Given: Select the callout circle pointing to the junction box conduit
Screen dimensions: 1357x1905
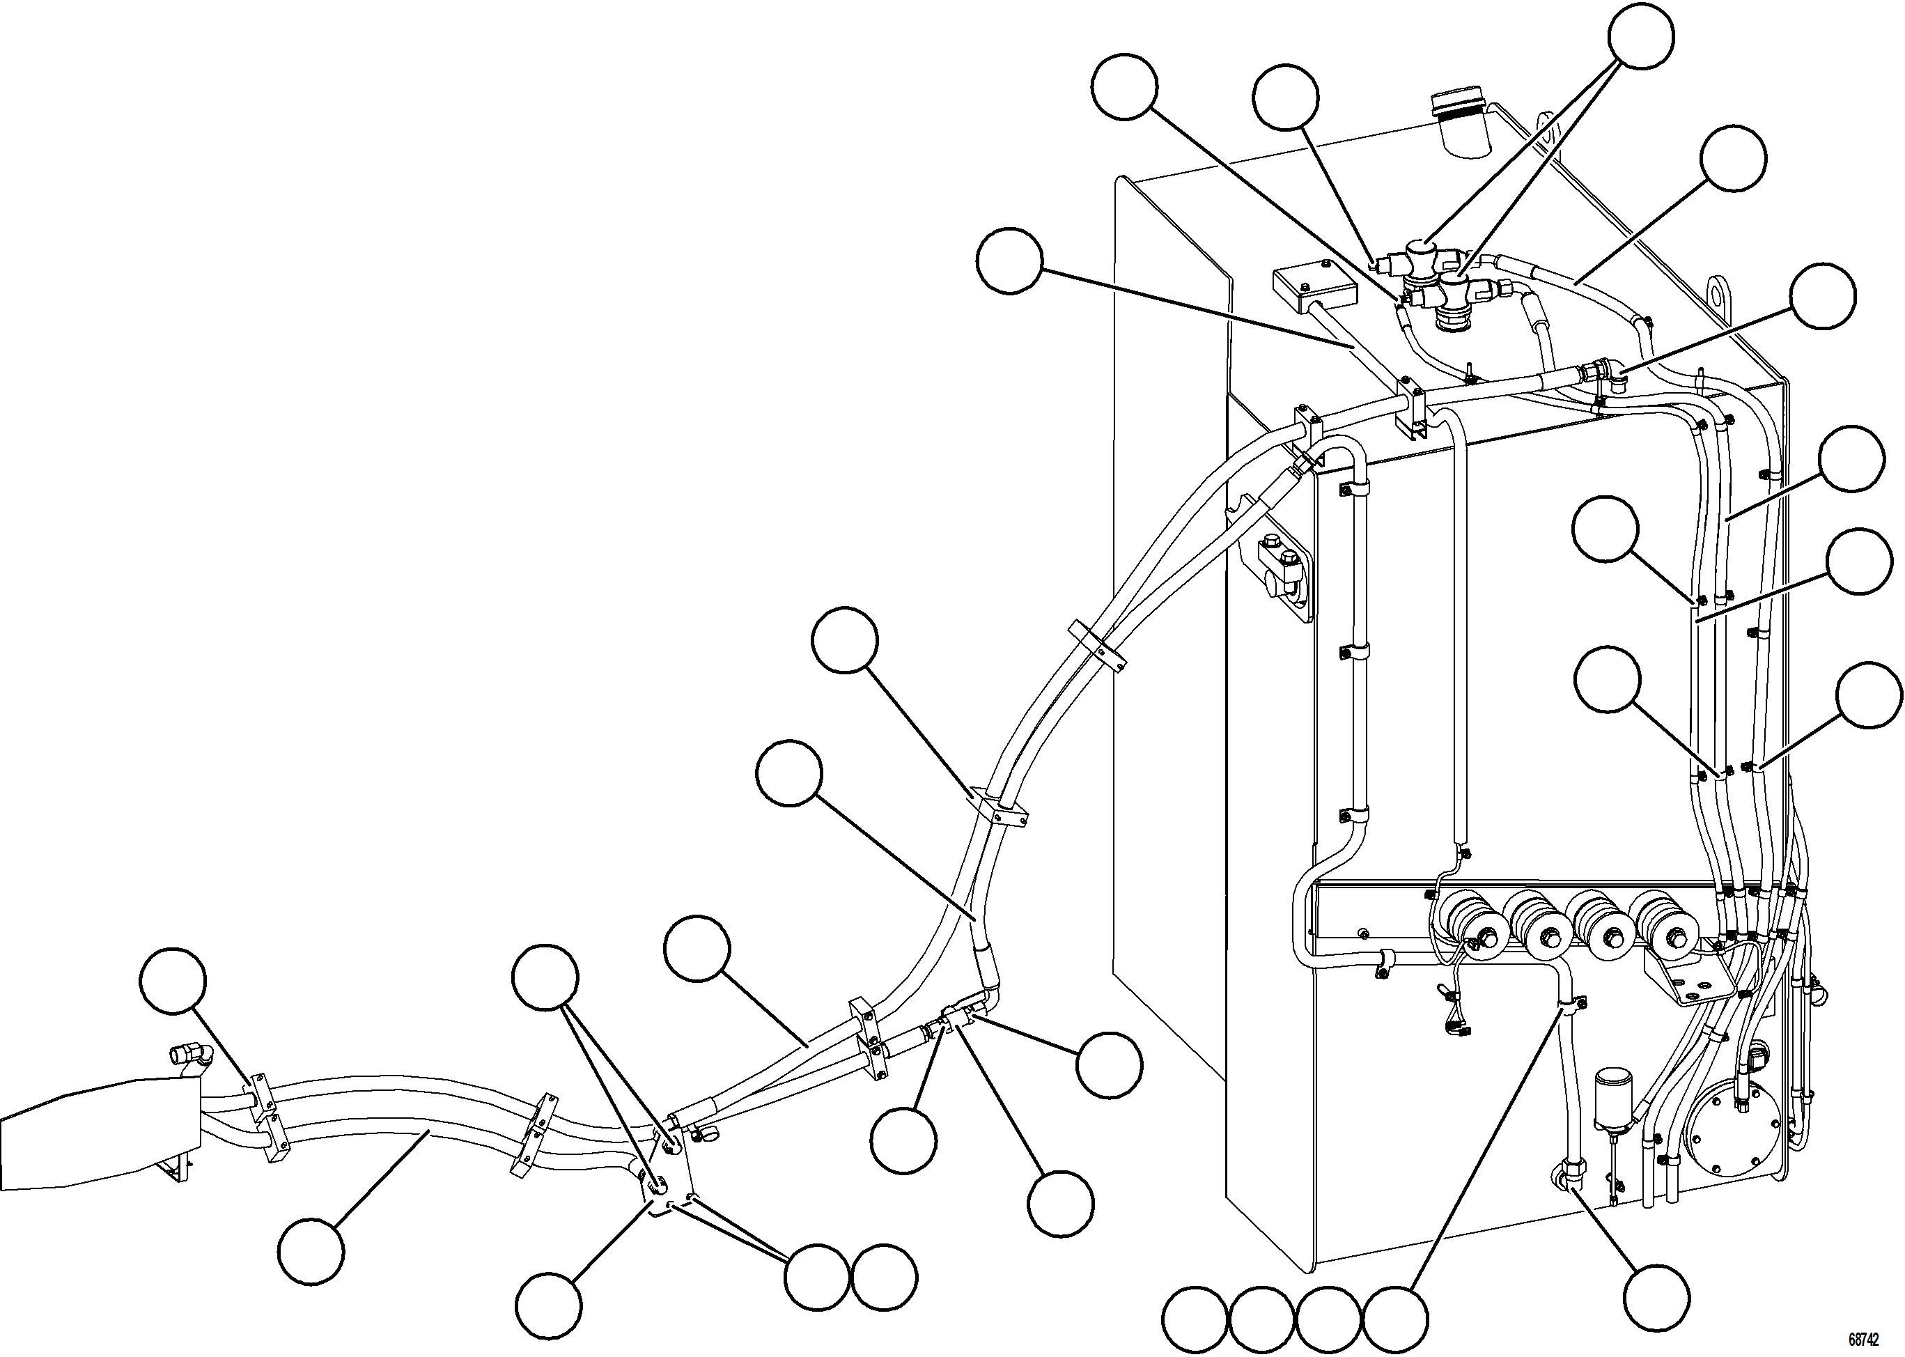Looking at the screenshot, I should (1009, 261).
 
